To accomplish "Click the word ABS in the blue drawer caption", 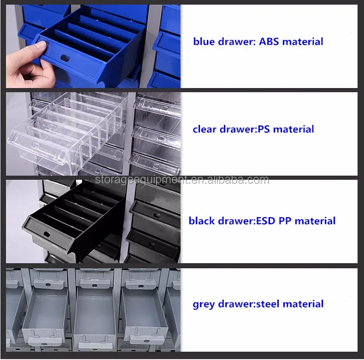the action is pyautogui.click(x=269, y=41).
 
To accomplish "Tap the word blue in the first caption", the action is pyautogui.click(x=204, y=41).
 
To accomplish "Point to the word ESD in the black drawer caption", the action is pyautogui.click(x=265, y=221).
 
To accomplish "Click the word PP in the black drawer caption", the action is pyautogui.click(x=285, y=221).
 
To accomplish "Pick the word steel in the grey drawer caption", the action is pyautogui.click(x=267, y=304).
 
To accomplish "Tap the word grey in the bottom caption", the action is pyautogui.click(x=204, y=304).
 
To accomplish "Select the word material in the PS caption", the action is pyautogui.click(x=294, y=129).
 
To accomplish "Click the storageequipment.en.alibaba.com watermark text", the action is pyautogui.click(x=182, y=180).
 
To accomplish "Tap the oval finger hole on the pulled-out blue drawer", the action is pyautogui.click(x=65, y=58).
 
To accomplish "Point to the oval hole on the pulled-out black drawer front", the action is pyautogui.click(x=47, y=234).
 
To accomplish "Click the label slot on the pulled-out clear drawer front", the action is pyautogui.click(x=35, y=146).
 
